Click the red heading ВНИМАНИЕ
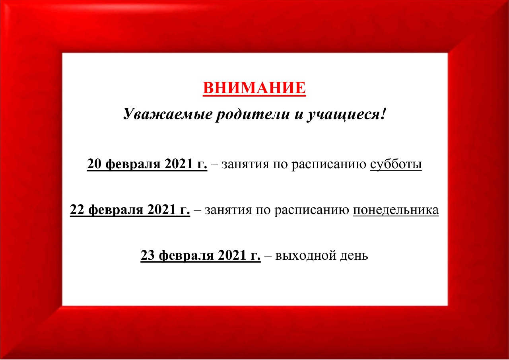pyautogui.click(x=254, y=88)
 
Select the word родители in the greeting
pyautogui.click(x=252, y=114)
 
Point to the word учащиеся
pyautogui.click(x=343, y=114)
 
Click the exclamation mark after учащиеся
pyautogui.click(x=383, y=113)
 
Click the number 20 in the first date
pyautogui.click(x=94, y=163)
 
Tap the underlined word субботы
pyautogui.click(x=396, y=164)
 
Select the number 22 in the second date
pyautogui.click(x=77, y=210)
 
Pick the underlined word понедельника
pyautogui.click(x=396, y=210)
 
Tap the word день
pyautogui.click(x=354, y=256)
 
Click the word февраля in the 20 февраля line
pyautogui.click(x=133, y=165)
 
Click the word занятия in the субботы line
pyautogui.click(x=245, y=165)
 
